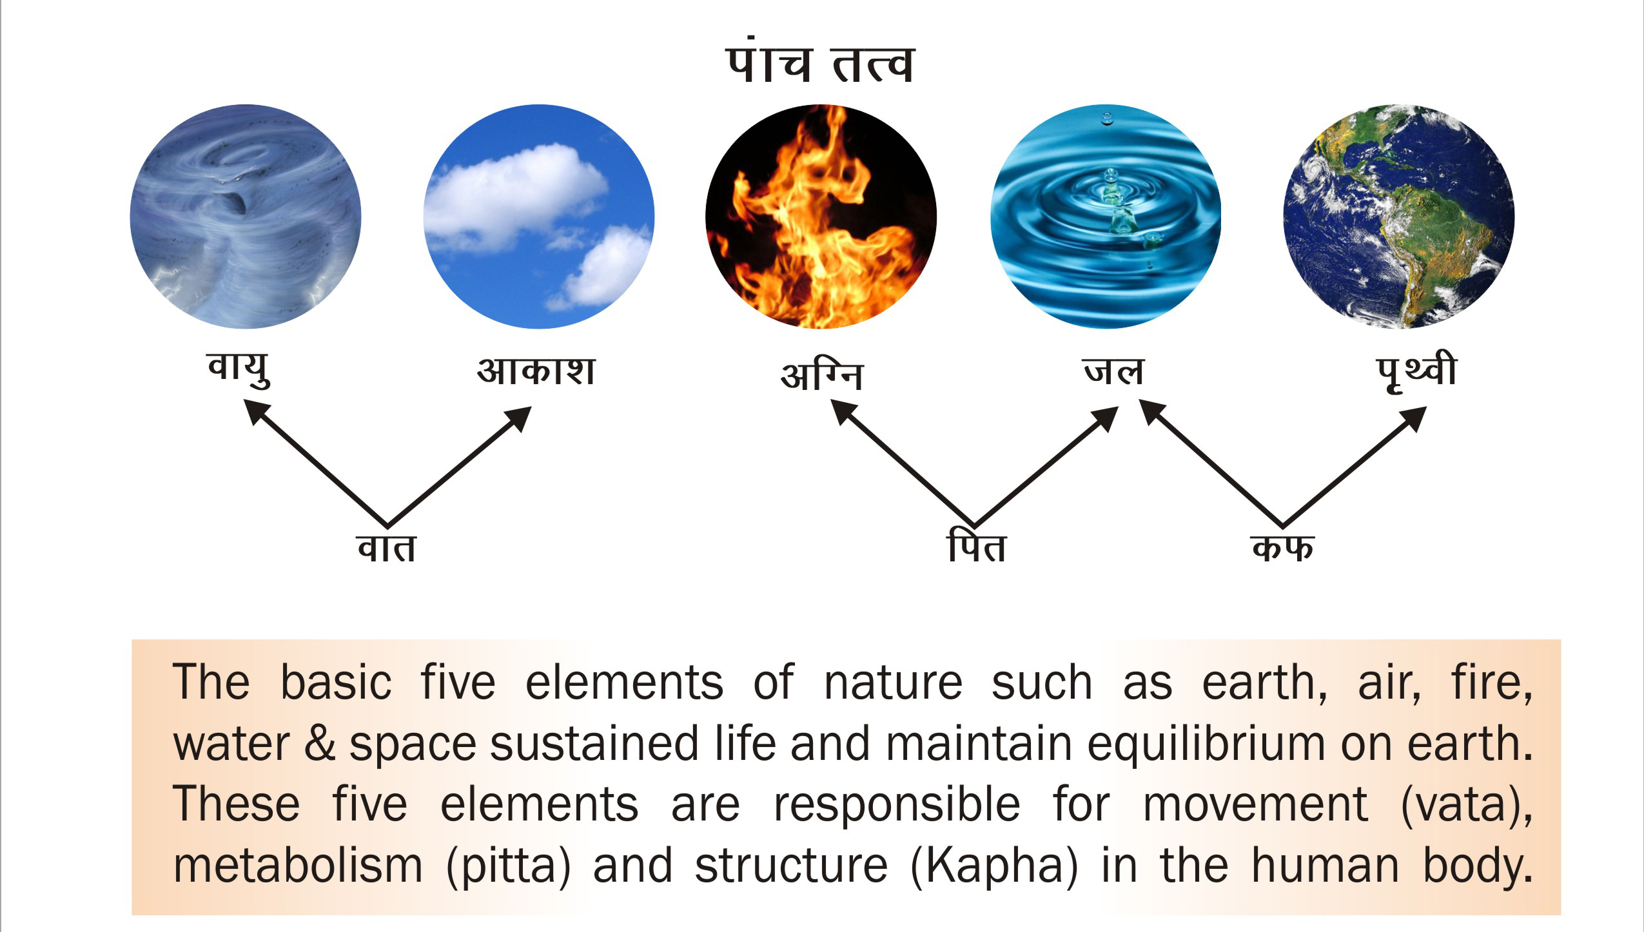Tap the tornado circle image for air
pos(246,217)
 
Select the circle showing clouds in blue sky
pos(539,217)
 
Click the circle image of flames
pos(821,217)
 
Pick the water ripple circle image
pos(1106,217)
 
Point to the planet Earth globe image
pos(1400,217)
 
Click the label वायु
pos(239,370)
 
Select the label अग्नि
pos(821,374)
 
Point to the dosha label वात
pos(386,547)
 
